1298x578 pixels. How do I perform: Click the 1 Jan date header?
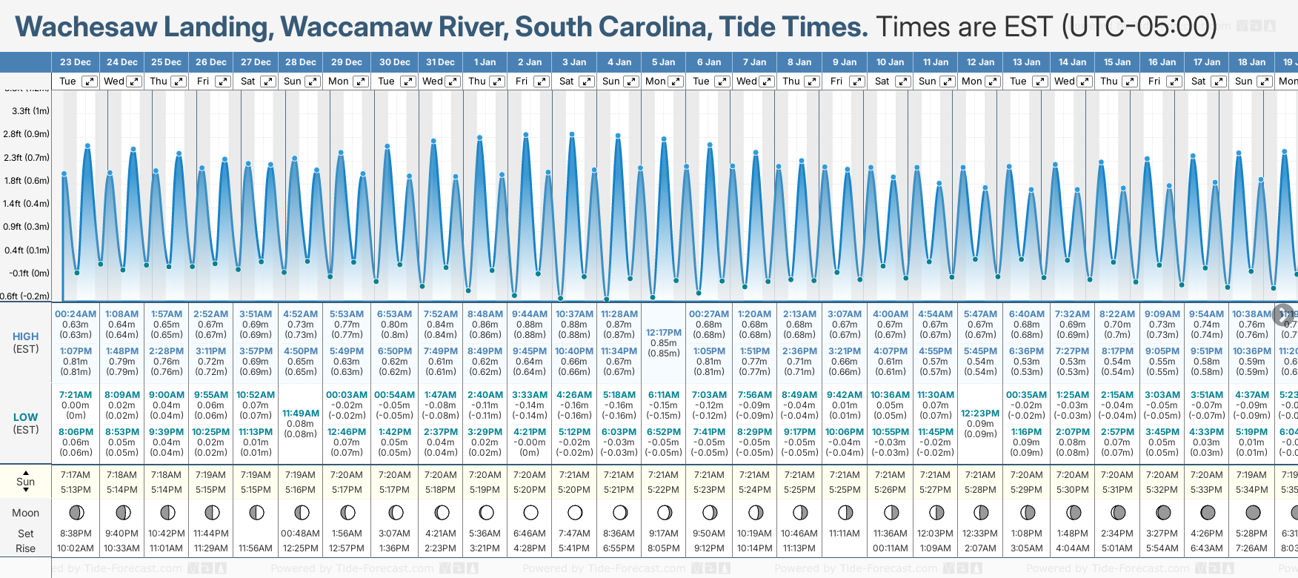coord(485,62)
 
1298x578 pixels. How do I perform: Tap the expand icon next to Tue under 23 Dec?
coord(89,82)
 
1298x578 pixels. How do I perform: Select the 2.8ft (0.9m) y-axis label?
coord(26,134)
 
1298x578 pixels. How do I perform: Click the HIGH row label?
coord(26,336)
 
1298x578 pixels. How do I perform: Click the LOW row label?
coord(26,417)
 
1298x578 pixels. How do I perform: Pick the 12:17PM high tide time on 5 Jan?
coord(664,333)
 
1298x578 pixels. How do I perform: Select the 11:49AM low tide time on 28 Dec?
coord(301,413)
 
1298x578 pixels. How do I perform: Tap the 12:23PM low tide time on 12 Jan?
coord(980,413)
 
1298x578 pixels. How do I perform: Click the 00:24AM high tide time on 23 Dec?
coord(76,314)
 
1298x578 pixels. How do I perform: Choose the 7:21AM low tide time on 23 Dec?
coord(76,395)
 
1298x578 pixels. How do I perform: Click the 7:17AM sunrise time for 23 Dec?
coord(76,475)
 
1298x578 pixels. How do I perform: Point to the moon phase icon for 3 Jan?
coord(575,512)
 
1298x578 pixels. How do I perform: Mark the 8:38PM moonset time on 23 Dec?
coord(76,534)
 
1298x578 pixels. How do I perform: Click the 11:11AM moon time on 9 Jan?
coord(845,534)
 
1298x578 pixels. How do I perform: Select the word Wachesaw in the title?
coord(86,27)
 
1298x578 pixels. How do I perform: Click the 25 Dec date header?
coord(167,62)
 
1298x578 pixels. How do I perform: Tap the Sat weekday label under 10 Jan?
coord(882,82)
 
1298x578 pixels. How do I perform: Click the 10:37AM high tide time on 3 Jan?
coord(574,314)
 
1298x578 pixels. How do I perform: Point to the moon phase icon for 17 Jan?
coord(1208,512)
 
